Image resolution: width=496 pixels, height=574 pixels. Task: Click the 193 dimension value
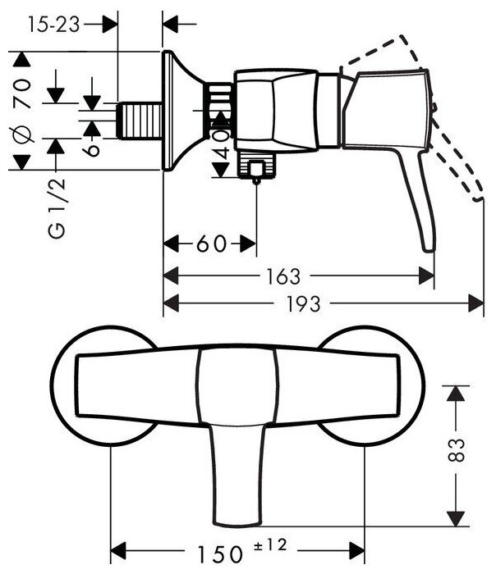click(301, 303)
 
